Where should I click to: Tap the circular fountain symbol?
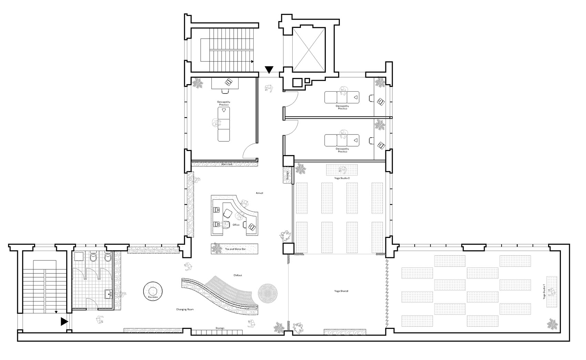pos(153,290)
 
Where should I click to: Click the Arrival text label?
pos(259,193)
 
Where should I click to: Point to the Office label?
pos(236,225)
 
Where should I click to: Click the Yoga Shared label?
pos(341,291)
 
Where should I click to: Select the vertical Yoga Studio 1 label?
pos(544,291)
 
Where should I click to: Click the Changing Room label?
pos(185,310)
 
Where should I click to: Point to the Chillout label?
pos(238,275)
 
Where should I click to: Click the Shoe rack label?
pos(226,164)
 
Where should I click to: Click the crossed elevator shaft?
pos(309,48)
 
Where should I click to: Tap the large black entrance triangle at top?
pos(269,70)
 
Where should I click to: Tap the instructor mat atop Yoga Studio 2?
pos(342,170)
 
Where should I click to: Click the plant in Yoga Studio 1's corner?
pos(553,324)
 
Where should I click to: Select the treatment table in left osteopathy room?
pos(224,124)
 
